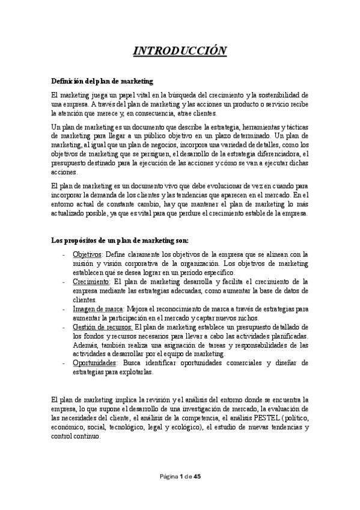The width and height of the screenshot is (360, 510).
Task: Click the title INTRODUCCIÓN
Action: click(180, 50)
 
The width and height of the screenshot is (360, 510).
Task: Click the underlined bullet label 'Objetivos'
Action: click(87, 254)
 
